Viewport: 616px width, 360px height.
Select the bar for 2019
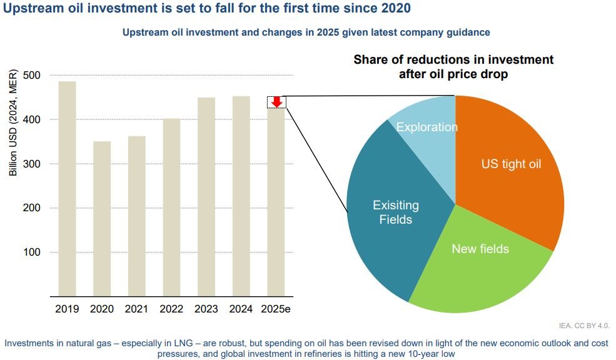coord(68,187)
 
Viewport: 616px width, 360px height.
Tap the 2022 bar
coord(171,206)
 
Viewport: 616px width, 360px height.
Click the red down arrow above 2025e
coord(277,102)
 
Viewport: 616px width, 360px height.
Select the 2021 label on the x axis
coord(136,309)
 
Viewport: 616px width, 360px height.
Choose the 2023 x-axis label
coord(206,309)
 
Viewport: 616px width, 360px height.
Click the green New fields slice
coord(480,262)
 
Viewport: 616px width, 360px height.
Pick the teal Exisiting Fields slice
coord(394,212)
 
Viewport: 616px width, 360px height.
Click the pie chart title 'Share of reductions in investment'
coord(453,60)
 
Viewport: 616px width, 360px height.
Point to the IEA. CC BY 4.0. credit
coord(583,326)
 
